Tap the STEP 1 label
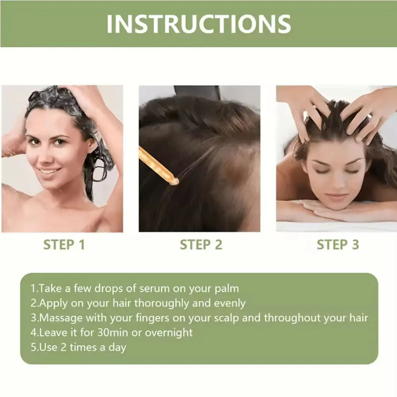pos(64,245)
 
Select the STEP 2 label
pos(201,245)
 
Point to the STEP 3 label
pos(337,245)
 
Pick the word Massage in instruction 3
pos(61,318)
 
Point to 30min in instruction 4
pos(113,332)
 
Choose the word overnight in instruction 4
pos(169,332)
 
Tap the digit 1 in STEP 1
pos(81,245)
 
